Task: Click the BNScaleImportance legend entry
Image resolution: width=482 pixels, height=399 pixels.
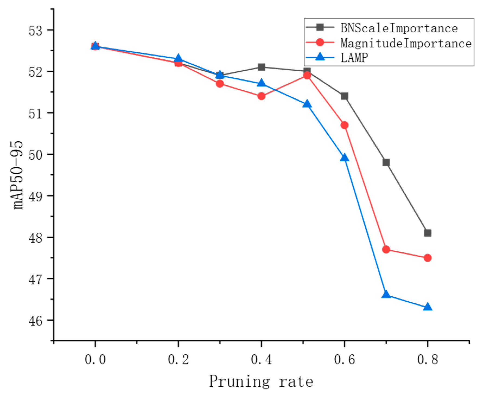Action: (x=399, y=28)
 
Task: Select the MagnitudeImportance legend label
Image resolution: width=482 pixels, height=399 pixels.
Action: (x=406, y=43)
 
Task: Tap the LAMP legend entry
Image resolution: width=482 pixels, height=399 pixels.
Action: (x=354, y=57)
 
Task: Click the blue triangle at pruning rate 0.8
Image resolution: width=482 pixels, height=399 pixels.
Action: (x=427, y=307)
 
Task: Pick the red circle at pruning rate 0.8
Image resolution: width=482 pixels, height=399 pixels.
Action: (x=427, y=258)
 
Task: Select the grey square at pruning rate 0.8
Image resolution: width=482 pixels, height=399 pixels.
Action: (x=427, y=233)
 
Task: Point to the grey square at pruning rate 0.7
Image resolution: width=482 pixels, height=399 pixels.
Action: (x=386, y=162)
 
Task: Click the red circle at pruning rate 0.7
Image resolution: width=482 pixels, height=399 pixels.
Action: (x=386, y=249)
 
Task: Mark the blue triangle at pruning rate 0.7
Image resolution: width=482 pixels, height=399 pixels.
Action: (x=386, y=294)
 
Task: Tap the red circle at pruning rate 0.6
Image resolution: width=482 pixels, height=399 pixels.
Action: (x=344, y=125)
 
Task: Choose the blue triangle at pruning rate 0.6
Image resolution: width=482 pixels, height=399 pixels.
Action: (x=344, y=158)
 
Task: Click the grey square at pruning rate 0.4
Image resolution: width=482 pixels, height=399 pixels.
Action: (x=261, y=67)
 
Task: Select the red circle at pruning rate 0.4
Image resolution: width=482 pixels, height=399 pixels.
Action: (x=261, y=96)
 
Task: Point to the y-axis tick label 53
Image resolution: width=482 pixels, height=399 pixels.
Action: (x=36, y=30)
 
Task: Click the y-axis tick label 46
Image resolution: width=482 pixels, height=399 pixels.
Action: (x=36, y=321)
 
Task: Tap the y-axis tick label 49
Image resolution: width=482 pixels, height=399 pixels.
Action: (x=36, y=196)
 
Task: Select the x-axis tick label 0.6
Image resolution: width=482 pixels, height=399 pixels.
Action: (x=344, y=360)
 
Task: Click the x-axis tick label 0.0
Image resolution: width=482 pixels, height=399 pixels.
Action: (x=95, y=360)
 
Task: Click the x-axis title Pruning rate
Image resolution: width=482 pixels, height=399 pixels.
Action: (x=261, y=382)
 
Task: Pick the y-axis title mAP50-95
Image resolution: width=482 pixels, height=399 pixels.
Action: (x=18, y=175)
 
